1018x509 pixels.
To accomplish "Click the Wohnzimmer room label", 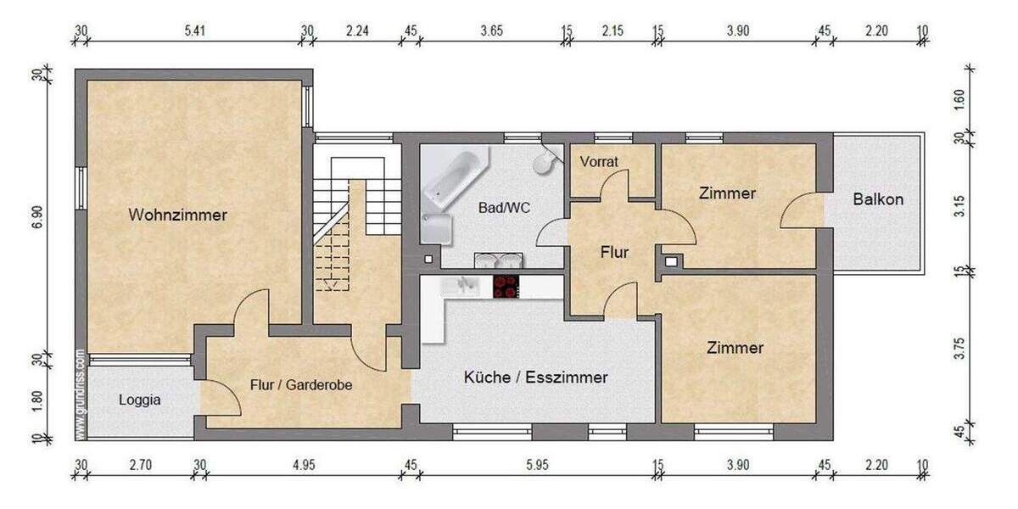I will click(177, 215).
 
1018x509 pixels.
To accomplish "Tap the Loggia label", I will click(139, 400).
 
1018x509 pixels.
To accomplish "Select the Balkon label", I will click(878, 200).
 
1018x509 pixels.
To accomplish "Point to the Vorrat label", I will click(600, 161).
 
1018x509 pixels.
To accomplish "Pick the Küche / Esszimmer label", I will click(535, 378).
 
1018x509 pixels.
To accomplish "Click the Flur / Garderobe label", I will click(301, 384).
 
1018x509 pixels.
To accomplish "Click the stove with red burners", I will click(506, 286).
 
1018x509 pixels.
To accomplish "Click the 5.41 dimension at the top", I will click(193, 31).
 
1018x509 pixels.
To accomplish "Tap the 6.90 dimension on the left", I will click(37, 215).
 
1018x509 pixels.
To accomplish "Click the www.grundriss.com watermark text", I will click(80, 394).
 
